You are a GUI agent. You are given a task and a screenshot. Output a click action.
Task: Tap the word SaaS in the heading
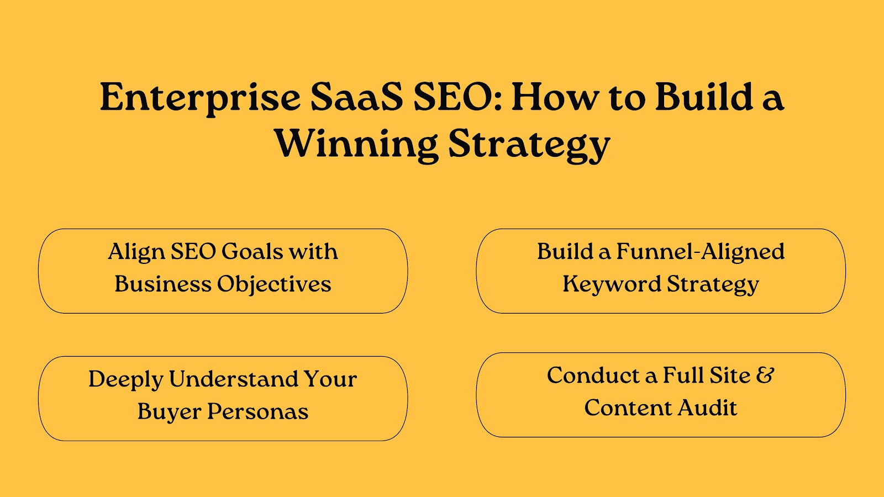[356, 97]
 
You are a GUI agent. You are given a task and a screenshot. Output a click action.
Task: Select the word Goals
[252, 252]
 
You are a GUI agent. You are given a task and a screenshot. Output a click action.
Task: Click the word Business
[163, 284]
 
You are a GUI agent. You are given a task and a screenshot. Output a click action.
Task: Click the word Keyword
[612, 284]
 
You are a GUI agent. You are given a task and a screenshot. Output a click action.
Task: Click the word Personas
[257, 412]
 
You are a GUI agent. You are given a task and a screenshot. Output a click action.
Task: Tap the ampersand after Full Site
[765, 375]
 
